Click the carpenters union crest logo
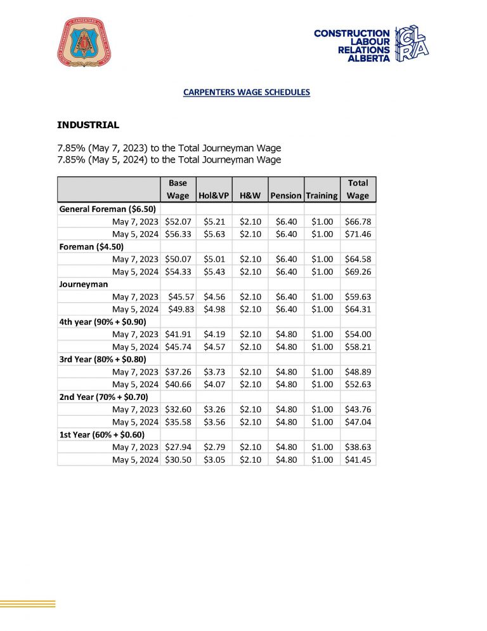(88, 43)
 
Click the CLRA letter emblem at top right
(412, 44)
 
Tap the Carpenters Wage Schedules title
(246, 92)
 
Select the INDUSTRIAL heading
(88, 125)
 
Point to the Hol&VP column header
(213, 196)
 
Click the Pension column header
(285, 196)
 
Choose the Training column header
(321, 196)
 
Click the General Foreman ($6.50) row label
(108, 209)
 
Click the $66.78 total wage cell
(358, 222)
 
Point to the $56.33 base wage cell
(178, 234)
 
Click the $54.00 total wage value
(358, 334)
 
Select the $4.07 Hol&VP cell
(214, 384)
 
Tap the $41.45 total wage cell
(358, 460)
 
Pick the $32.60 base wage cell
(178, 409)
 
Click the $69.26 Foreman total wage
(358, 272)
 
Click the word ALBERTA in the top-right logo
(369, 58)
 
